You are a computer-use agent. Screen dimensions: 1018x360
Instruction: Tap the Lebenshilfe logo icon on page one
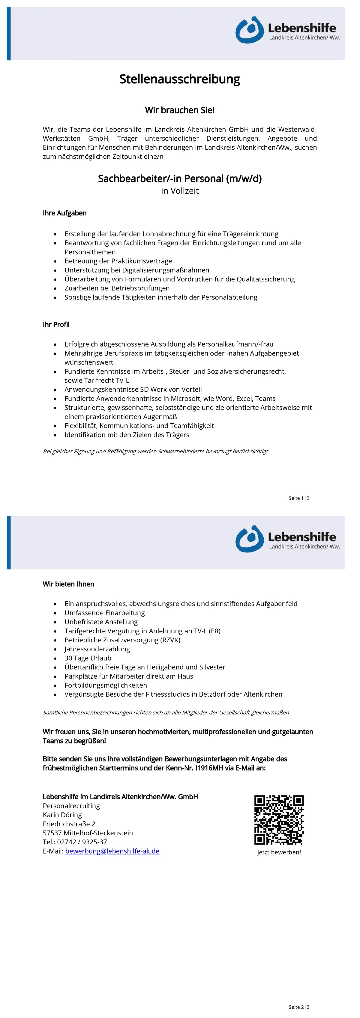point(249,30)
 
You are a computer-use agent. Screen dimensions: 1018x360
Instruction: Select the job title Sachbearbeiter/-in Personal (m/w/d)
point(179,179)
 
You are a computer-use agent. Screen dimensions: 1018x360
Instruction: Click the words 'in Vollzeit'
point(179,191)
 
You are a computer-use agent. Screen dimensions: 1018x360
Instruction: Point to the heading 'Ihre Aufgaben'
point(64,213)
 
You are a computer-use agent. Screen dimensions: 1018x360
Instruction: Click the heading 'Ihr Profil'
point(56,324)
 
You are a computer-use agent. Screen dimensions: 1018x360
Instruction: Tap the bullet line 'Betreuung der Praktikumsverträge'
point(118,261)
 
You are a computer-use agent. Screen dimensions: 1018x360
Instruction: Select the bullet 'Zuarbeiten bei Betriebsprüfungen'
point(117,288)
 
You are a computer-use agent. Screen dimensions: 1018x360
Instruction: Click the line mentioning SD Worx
point(133,389)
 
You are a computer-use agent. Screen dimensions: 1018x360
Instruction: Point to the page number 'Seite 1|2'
point(299,498)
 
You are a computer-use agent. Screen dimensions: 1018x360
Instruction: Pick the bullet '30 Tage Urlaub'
point(88,658)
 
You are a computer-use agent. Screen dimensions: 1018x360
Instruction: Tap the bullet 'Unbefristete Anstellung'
point(101,622)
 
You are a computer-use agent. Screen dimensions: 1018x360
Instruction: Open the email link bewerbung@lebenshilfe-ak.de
point(112,851)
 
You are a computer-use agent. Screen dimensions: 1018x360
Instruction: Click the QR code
point(279,820)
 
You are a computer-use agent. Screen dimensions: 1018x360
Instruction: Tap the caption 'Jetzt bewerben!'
point(279,852)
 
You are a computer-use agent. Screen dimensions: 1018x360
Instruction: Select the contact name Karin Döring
point(62,815)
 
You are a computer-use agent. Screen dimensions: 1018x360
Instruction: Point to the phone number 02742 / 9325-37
point(82,842)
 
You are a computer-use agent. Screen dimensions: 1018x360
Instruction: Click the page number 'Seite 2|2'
point(299,1007)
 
